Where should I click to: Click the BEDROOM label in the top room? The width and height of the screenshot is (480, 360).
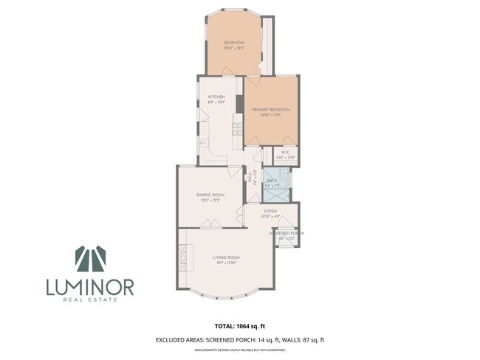234,43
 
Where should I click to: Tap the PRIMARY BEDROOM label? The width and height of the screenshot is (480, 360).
271,109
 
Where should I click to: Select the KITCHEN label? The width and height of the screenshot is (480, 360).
216,97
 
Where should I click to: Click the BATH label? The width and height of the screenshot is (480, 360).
272,179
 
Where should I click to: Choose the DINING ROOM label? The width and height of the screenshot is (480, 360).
211,194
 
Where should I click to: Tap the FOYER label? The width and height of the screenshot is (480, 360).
270,211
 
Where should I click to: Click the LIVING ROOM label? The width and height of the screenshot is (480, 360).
227,257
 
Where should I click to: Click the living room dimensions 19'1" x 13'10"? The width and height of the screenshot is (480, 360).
227,263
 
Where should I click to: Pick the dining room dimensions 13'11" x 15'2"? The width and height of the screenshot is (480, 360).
211,200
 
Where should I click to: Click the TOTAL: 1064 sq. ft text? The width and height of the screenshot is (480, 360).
239,325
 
